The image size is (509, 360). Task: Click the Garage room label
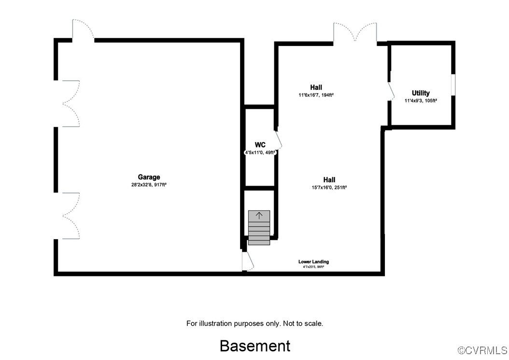(x=149, y=177)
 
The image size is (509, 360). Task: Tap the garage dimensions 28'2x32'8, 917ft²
(x=149, y=185)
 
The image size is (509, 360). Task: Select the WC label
(x=260, y=145)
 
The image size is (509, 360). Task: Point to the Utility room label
(x=421, y=93)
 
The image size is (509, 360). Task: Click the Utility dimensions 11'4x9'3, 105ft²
(x=421, y=101)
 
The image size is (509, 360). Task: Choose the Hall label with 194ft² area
(x=316, y=87)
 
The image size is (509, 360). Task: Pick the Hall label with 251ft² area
(x=329, y=179)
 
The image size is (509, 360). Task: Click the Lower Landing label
(x=313, y=262)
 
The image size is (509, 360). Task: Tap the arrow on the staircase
(x=259, y=216)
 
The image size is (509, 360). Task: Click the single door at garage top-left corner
(x=82, y=30)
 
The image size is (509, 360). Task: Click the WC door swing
(x=278, y=141)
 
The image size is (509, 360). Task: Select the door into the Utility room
(x=392, y=91)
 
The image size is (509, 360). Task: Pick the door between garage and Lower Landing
(x=247, y=261)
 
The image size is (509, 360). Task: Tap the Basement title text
(x=255, y=346)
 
